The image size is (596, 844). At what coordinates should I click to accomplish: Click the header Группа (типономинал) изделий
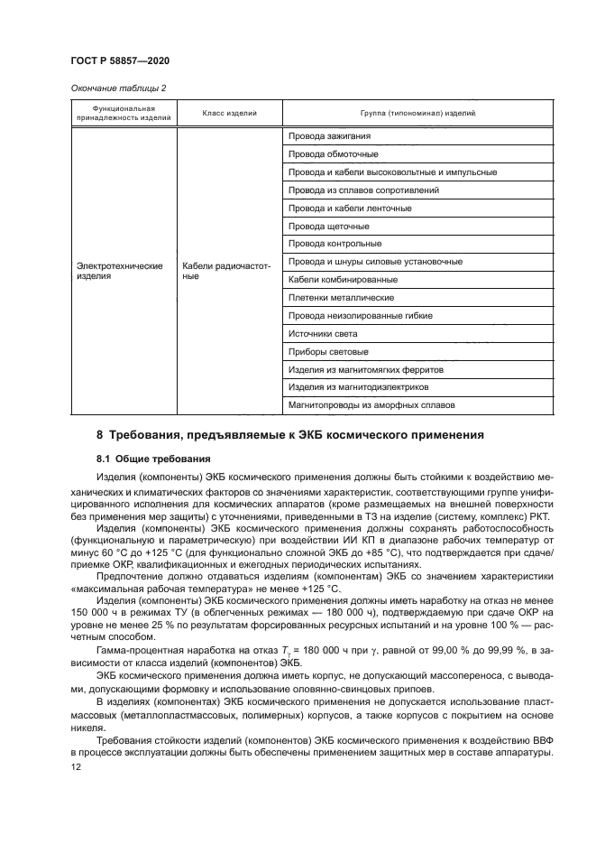(x=417, y=113)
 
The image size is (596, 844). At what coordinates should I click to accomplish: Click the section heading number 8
(x=100, y=434)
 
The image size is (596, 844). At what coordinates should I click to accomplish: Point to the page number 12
(x=76, y=765)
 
